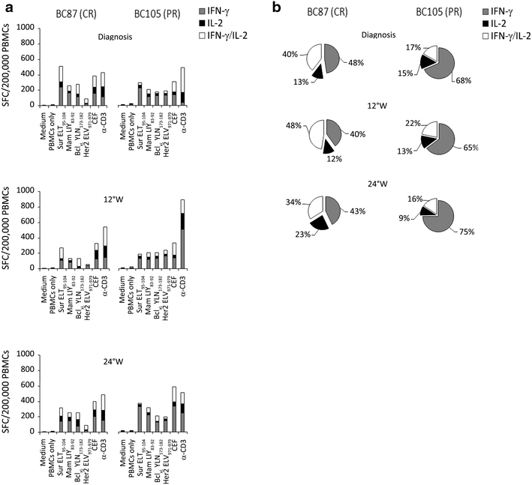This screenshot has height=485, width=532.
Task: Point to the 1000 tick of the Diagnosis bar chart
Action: point(27,28)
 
